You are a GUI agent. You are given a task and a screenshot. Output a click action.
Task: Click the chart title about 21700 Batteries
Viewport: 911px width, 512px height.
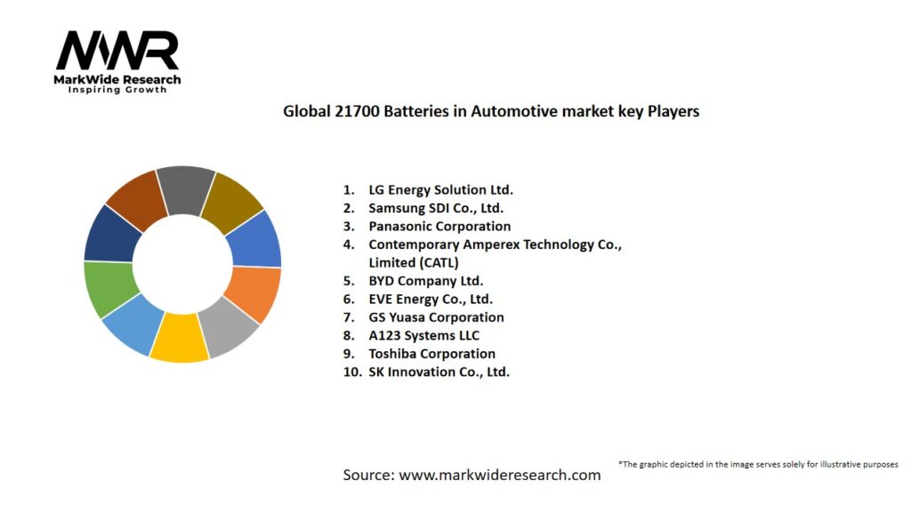491,112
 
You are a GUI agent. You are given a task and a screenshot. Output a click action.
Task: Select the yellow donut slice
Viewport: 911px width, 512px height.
180,339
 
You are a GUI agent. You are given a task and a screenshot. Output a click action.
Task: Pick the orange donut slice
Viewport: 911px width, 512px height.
255,294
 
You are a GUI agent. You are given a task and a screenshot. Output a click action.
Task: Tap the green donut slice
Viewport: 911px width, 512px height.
109,289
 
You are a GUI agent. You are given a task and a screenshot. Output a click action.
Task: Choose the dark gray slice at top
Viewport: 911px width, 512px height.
186,189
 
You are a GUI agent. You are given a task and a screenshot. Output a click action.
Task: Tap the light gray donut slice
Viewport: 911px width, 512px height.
230,326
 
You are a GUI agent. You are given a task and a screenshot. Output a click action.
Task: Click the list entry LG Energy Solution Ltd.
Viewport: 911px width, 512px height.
440,190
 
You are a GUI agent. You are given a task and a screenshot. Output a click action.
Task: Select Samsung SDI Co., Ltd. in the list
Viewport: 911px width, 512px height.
436,208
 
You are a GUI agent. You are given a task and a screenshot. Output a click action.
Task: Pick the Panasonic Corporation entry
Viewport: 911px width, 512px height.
439,227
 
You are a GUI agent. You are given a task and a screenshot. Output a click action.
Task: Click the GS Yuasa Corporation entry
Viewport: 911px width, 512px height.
436,317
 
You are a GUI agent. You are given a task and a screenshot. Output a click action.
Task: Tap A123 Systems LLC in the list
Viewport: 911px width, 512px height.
423,335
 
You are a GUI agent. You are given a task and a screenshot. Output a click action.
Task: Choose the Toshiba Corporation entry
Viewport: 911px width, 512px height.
431,354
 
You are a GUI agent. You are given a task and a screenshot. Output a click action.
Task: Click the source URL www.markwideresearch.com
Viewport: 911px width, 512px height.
500,475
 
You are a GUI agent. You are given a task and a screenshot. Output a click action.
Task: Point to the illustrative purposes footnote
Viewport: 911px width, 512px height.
758,464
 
